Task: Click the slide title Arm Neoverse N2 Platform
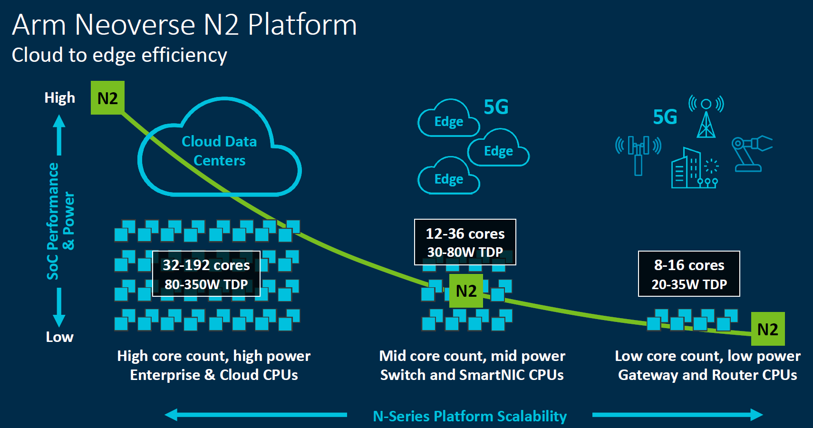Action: (184, 25)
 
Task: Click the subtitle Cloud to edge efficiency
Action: (119, 55)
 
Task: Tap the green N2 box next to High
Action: (107, 98)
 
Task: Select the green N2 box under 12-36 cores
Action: (466, 291)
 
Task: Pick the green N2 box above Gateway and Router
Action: (767, 329)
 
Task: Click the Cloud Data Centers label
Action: (219, 151)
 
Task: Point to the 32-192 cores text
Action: (206, 265)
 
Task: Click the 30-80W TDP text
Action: (465, 252)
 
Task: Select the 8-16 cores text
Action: (689, 265)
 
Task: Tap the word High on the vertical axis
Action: (59, 98)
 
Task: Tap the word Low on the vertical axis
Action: (59, 337)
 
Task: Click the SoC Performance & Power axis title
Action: (60, 221)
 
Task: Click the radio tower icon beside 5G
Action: (706, 117)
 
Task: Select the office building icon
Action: (686, 169)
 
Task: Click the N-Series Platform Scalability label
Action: (470, 416)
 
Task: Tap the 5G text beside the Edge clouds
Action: (496, 107)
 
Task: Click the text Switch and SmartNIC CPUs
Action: (472, 375)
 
